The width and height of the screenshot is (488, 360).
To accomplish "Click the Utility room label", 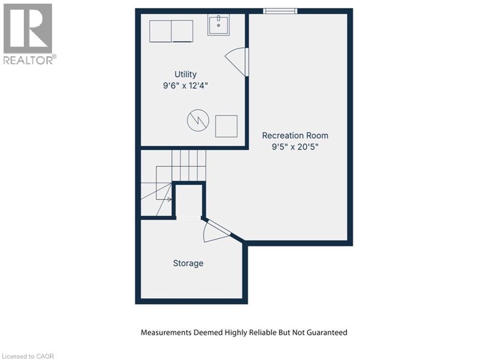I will click(x=185, y=74).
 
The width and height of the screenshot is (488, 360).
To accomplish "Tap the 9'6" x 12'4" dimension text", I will click(x=185, y=86).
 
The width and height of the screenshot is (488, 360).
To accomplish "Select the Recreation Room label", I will click(x=295, y=135).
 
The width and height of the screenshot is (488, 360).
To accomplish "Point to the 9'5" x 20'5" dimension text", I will click(x=295, y=147).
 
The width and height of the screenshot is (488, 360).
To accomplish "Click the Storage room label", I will click(x=188, y=263).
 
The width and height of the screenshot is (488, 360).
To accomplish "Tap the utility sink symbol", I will click(x=219, y=24).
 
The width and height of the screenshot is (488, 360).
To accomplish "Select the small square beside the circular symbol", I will click(x=226, y=126).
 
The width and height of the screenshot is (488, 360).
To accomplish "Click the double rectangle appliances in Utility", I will click(x=171, y=31).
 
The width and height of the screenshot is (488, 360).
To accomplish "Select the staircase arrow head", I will click(x=169, y=199).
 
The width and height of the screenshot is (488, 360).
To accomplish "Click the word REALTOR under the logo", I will click(x=28, y=60).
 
